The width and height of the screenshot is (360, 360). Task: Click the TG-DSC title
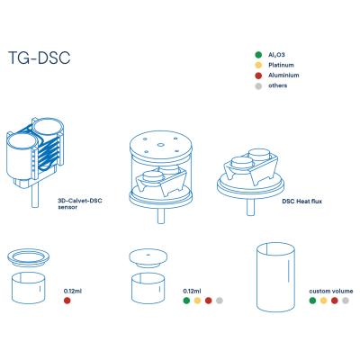pyautogui.click(x=39, y=58)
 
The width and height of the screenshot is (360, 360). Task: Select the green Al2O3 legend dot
pyautogui.click(x=258, y=55)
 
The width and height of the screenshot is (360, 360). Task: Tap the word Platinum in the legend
pyautogui.click(x=281, y=65)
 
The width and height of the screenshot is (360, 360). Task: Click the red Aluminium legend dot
pyautogui.click(x=258, y=76)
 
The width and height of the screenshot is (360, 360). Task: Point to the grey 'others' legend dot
pyautogui.click(x=258, y=86)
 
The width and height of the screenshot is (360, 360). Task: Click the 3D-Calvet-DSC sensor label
pyautogui.click(x=80, y=203)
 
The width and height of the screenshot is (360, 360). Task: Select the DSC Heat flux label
pyautogui.click(x=301, y=202)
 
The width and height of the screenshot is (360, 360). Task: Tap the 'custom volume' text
pyautogui.click(x=331, y=291)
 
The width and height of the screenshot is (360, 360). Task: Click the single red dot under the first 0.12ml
pyautogui.click(x=67, y=301)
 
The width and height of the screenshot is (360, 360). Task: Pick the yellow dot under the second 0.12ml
pyautogui.click(x=197, y=301)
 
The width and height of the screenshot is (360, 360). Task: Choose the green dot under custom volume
pyautogui.click(x=312, y=301)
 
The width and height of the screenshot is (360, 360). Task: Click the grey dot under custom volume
pyautogui.click(x=346, y=301)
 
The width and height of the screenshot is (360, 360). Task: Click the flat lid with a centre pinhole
pyautogui.click(x=148, y=258)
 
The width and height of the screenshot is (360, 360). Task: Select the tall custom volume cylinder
pyautogui.click(x=275, y=277)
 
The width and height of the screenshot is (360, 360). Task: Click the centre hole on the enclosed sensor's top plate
pyautogui.click(x=160, y=145)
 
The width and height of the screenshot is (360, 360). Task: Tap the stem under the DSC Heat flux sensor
pyautogui.click(x=250, y=207)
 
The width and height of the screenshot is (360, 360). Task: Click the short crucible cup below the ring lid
pyautogui.click(x=29, y=288)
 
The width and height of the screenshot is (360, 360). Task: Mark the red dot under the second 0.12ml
pyautogui.click(x=209, y=301)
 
